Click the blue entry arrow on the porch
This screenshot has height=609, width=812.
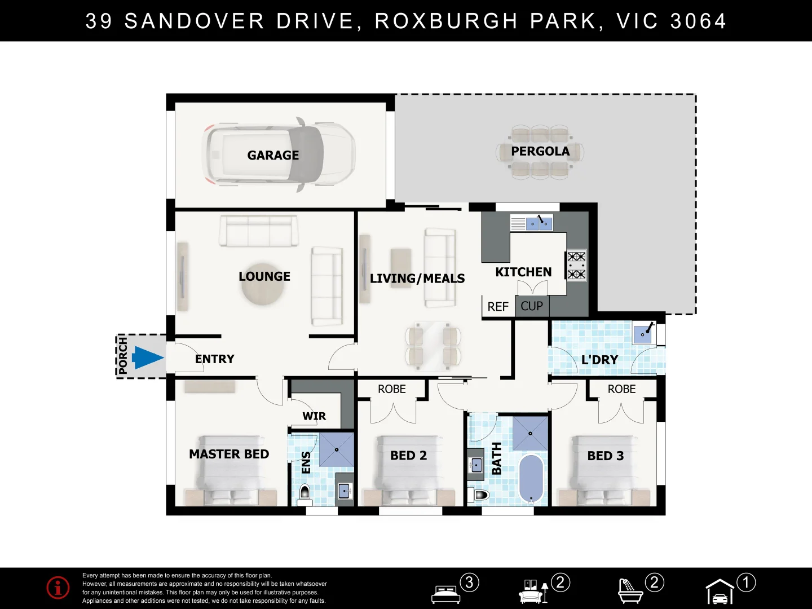[147, 358]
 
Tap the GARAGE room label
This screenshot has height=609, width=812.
[273, 155]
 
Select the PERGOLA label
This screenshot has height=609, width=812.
[540, 151]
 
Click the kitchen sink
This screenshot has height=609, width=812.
[539, 223]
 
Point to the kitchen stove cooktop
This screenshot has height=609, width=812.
[576, 265]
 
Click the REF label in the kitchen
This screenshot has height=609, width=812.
[498, 307]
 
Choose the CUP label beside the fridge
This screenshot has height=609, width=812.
[531, 306]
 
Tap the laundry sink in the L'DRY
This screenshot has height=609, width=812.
[643, 333]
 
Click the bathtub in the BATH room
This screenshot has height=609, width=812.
[531, 478]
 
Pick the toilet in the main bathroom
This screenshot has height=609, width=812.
[479, 495]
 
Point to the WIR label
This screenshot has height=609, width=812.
[314, 416]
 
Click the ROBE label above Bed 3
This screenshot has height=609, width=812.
[621, 389]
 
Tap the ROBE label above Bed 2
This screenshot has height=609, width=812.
[391, 389]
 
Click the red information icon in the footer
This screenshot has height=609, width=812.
[58, 588]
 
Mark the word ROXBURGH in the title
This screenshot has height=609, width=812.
[446, 21]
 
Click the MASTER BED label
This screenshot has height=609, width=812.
[229, 454]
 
